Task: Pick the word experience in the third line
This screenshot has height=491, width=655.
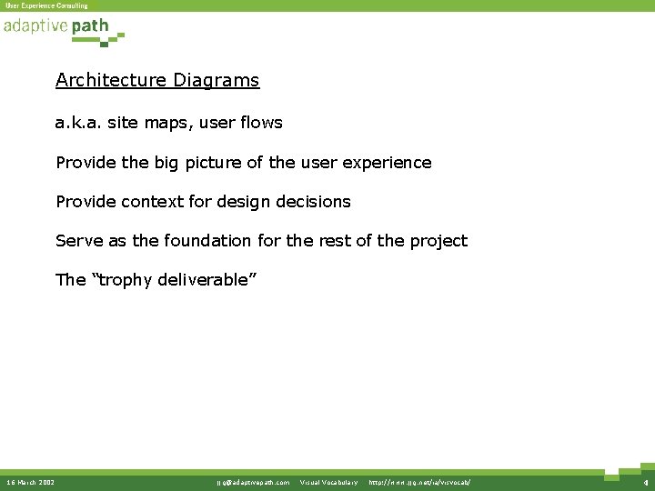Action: [388, 163]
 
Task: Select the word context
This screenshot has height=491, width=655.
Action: [145, 202]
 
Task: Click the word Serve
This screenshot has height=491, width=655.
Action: [78, 241]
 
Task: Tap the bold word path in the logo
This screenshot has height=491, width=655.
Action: [90, 26]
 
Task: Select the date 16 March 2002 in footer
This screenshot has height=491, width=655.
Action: [30, 482]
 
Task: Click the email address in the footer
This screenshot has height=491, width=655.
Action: [253, 482]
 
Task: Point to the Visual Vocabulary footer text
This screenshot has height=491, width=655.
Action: [328, 482]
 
